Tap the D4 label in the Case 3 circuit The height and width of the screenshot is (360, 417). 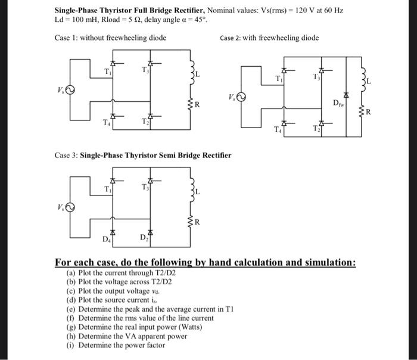pyautogui.click(x=106, y=240)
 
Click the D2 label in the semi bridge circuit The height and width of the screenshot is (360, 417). pyautogui.click(x=144, y=238)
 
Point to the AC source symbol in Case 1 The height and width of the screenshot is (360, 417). pyautogui.click(x=70, y=91)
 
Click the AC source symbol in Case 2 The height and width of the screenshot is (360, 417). pyautogui.click(x=241, y=98)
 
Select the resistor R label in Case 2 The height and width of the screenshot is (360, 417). pyautogui.click(x=368, y=112)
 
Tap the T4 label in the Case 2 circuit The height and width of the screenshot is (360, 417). pyautogui.click(x=278, y=129)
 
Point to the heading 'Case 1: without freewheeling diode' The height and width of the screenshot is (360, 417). pyautogui.click(x=110, y=38)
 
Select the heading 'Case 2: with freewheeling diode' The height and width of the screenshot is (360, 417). pyautogui.click(x=269, y=38)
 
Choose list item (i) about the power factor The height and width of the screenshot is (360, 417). pyautogui.click(x=116, y=345)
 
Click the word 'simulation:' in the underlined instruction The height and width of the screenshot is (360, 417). pyautogui.click(x=329, y=263)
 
